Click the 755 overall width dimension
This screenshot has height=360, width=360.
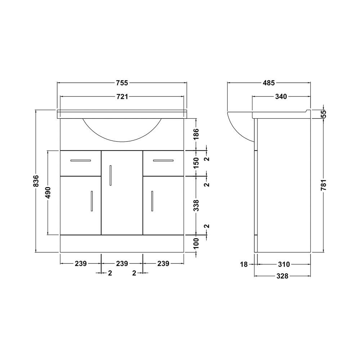(x=122, y=83)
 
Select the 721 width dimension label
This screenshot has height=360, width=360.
(x=122, y=96)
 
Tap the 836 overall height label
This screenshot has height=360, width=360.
(x=36, y=181)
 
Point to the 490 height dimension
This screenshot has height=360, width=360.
(x=48, y=193)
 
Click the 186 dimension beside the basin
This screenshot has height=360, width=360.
(x=196, y=134)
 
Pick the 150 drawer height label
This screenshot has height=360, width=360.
(x=196, y=163)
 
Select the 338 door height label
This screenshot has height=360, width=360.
(x=196, y=206)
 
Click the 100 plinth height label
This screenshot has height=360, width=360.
(x=196, y=244)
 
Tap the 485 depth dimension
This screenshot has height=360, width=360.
(x=269, y=83)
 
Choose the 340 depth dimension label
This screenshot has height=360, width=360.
(x=281, y=96)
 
